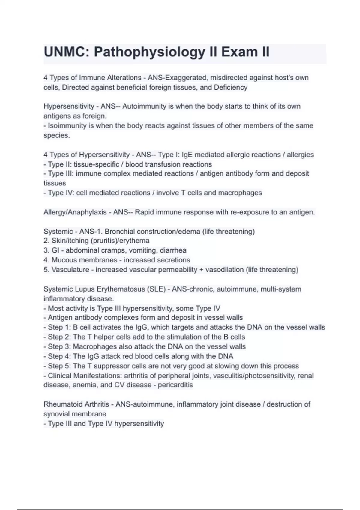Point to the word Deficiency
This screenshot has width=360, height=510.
[231, 88]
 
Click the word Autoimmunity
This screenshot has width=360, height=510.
[145, 106]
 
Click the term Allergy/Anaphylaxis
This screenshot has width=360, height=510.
[75, 212]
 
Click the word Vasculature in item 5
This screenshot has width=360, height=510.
[70, 270]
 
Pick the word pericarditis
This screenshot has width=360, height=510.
[175, 385]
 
